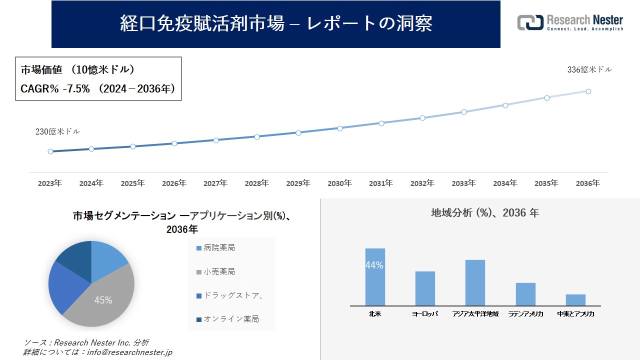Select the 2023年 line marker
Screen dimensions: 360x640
tap(50, 151)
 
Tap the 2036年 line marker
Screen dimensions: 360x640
tap(588, 91)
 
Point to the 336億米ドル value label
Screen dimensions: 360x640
tap(589, 70)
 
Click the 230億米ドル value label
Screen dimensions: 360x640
tap(57, 131)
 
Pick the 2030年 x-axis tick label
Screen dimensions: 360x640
tap(339, 183)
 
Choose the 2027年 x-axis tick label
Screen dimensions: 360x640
tap(215, 183)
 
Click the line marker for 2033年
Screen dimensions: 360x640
tap(464, 112)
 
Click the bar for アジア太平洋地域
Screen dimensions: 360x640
tap(475, 282)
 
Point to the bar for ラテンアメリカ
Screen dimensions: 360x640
tap(525, 294)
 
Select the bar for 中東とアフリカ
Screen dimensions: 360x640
tap(575, 299)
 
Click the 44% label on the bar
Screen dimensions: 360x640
tap(374, 265)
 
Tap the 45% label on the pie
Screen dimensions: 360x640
tap(103, 300)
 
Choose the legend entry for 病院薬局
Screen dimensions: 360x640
tap(219, 248)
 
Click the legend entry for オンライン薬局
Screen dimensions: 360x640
tap(230, 319)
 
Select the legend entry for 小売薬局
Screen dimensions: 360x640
tap(219, 272)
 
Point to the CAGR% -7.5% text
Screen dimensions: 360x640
tap(55, 89)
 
